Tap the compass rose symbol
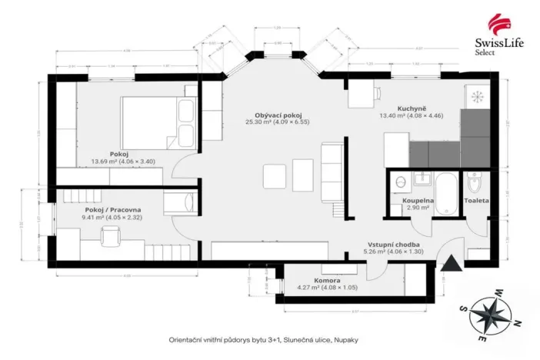tap(494, 314)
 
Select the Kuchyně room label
tap(412, 108)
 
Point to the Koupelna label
tap(418, 200)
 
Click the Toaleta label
tap(476, 200)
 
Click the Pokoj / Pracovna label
tap(113, 209)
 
